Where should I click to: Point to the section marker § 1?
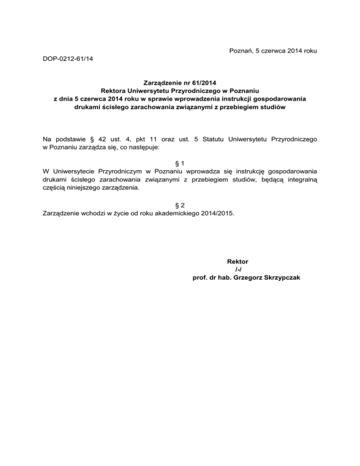(180, 163)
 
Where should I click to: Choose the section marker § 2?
(180, 205)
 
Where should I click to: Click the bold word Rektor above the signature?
(237, 261)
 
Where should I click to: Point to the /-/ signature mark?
(238, 269)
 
